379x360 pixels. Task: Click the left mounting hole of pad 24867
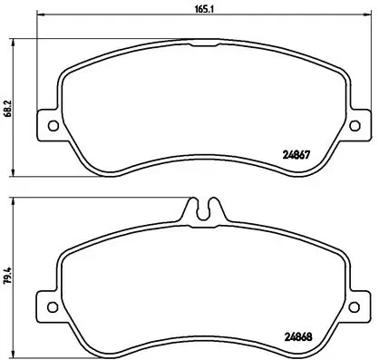coord(51,125)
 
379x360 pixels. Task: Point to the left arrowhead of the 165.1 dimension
coord(39,16)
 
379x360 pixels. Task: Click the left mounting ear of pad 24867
coord(48,124)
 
